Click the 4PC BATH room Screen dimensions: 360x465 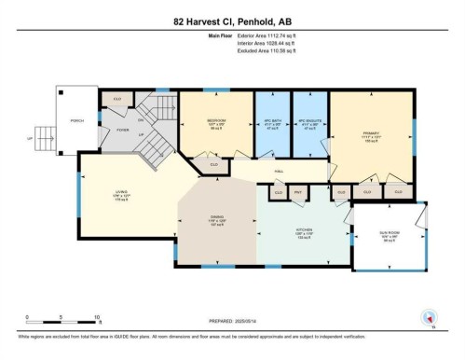[x=274, y=121]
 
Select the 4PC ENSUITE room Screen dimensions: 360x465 [x=309, y=121]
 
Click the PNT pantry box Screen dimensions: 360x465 [x=299, y=193]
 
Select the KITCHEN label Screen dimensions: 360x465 [x=304, y=229]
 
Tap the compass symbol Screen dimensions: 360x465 [x=430, y=319]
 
